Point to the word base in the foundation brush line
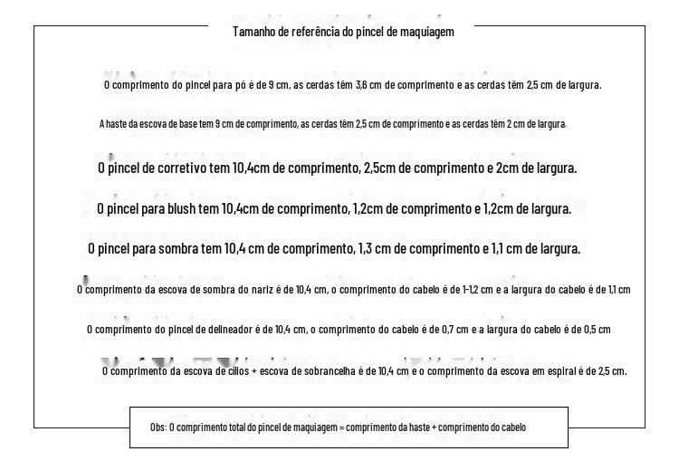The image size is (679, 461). (177, 124)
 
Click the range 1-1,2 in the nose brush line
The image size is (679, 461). (475, 290)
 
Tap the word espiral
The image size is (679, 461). (555, 371)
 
